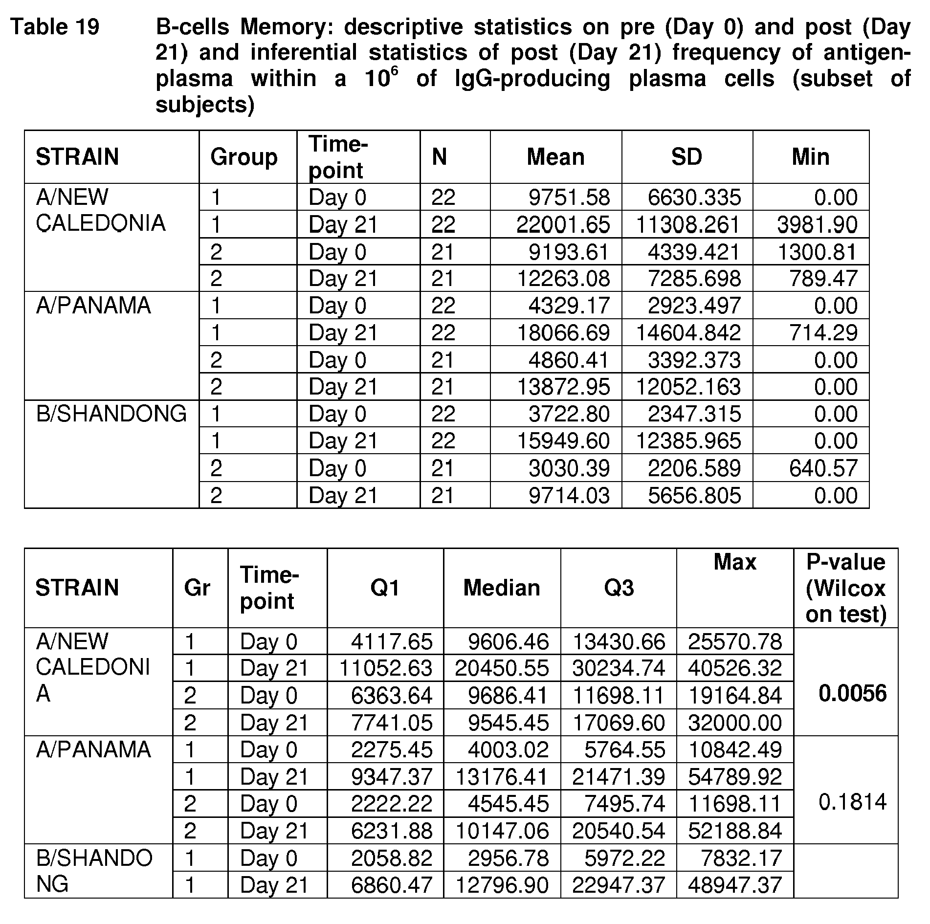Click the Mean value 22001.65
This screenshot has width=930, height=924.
point(563,225)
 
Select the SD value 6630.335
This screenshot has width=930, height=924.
point(694,198)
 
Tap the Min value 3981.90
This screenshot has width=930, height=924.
point(817,225)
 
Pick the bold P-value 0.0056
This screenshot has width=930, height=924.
point(852,694)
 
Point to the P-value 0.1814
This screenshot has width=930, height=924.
point(852,802)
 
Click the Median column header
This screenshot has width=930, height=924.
point(502,588)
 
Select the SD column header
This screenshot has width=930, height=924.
point(686,157)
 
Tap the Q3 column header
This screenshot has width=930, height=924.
point(619,588)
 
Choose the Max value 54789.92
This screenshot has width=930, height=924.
point(735,776)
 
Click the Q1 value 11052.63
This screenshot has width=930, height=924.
point(386,668)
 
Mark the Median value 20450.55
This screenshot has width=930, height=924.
point(502,668)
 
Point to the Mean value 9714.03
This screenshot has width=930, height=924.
point(569,496)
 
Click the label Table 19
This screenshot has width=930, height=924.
point(55,27)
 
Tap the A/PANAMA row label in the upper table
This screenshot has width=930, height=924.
point(93,306)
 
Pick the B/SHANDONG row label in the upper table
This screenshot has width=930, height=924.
point(111,414)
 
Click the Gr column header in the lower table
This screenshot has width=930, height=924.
point(197,588)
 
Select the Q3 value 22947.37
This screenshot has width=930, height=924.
point(619,885)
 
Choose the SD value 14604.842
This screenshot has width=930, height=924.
point(688,333)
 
